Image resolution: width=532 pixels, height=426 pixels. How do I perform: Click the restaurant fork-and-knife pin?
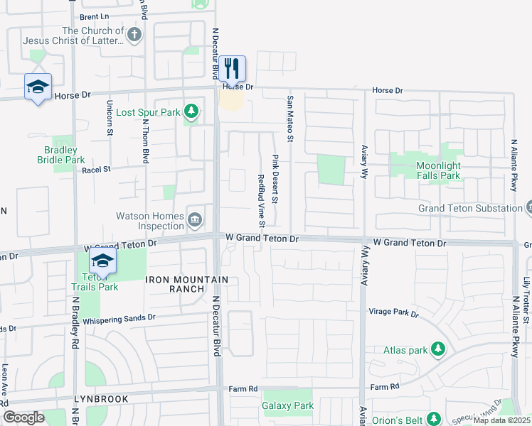232,69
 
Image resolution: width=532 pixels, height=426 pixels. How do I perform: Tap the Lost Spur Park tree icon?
191,111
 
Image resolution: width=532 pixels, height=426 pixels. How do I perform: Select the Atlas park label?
405,349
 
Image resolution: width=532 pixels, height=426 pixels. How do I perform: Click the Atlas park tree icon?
438,349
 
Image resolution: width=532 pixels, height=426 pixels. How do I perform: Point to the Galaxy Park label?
287,405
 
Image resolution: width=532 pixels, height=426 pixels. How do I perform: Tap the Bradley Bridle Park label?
60,155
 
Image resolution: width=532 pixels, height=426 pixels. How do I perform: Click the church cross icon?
134,34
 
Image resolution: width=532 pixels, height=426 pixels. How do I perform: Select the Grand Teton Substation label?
469,208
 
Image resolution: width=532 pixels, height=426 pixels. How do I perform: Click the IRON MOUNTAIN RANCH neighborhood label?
187,285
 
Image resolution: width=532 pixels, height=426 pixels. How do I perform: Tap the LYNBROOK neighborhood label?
100,399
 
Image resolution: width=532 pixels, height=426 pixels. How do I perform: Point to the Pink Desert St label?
275,177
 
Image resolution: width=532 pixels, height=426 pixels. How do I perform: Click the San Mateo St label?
290,118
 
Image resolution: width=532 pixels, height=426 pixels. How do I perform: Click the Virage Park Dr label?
393,312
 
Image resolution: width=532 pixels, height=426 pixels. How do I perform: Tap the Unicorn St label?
110,118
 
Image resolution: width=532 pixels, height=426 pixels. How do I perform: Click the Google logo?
23,417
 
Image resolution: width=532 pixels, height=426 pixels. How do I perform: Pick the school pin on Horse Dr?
37,87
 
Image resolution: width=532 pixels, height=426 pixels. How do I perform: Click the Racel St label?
97,170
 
